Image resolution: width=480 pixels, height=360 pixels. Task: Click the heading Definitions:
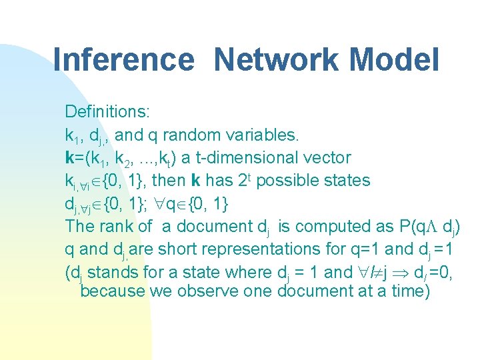[x=107, y=111]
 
